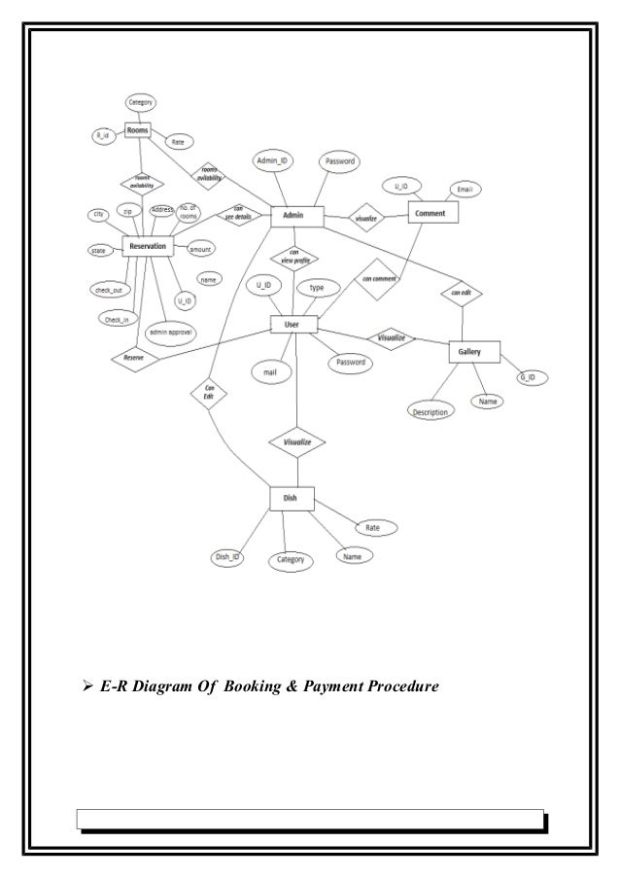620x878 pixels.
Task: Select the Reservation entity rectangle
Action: click(x=148, y=247)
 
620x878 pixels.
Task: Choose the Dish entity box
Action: click(x=290, y=499)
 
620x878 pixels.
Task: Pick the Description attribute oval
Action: click(x=430, y=411)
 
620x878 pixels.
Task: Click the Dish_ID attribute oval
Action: click(x=228, y=557)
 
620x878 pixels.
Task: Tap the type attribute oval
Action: click(x=317, y=288)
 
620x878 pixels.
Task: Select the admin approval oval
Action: click(x=171, y=333)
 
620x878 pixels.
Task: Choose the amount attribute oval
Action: click(x=200, y=250)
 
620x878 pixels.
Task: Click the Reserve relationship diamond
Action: click(x=135, y=358)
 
